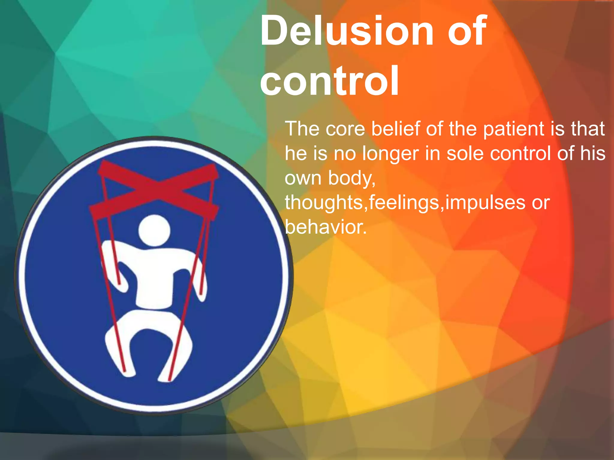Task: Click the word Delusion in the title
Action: (x=346, y=31)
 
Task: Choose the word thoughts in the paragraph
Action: (x=324, y=202)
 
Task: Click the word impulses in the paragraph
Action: (x=485, y=203)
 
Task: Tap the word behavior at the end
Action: (x=326, y=227)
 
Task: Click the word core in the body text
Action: (x=345, y=129)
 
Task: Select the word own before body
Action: (x=303, y=178)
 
